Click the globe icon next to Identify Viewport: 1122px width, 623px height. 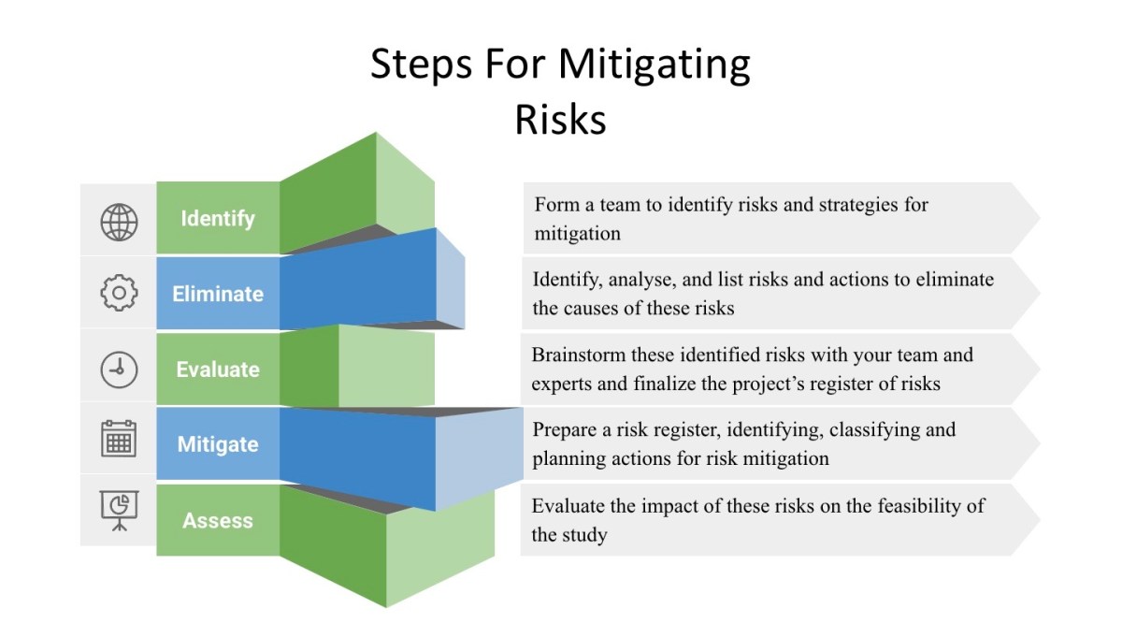click(x=119, y=222)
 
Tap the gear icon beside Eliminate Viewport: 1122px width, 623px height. click(x=119, y=294)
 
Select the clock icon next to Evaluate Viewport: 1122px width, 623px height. click(x=119, y=369)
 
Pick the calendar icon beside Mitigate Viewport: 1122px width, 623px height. click(x=119, y=439)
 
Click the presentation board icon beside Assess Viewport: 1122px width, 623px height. click(x=119, y=510)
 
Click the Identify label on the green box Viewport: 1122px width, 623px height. click(x=218, y=219)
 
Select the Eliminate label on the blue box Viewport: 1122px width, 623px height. click(x=218, y=294)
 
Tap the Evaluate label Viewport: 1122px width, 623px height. click(x=218, y=369)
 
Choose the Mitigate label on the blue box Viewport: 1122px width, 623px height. click(x=218, y=444)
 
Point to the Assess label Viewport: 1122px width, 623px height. click(x=218, y=521)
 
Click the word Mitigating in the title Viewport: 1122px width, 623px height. click(x=654, y=65)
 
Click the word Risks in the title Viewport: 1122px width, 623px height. click(x=560, y=120)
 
